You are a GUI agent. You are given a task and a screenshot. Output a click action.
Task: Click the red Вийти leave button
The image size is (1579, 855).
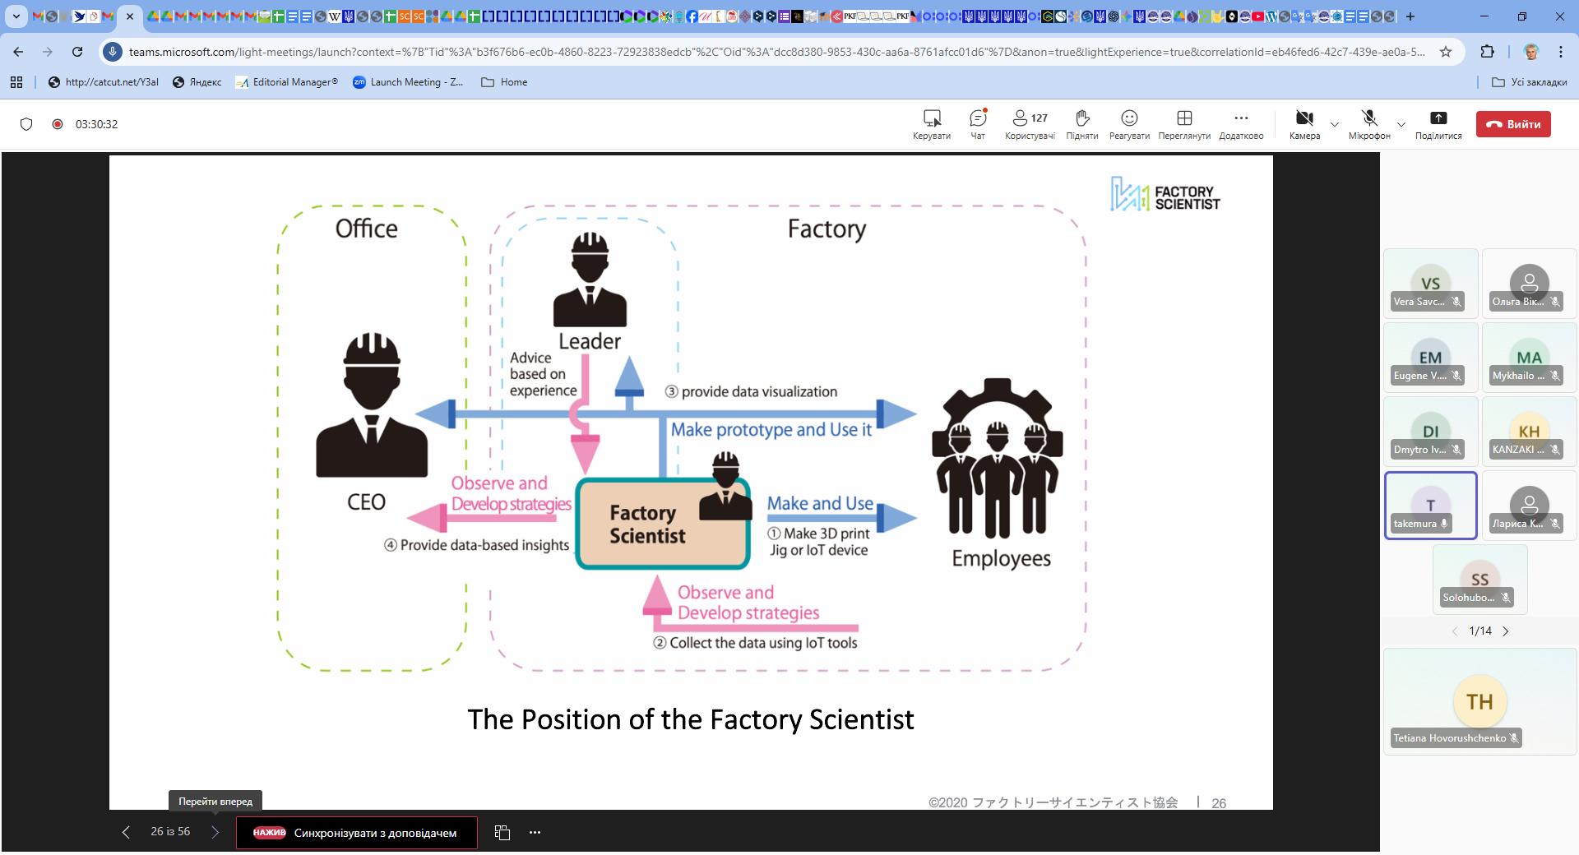tap(1513, 124)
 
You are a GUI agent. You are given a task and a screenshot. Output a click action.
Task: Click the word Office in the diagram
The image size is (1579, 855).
tap(366, 229)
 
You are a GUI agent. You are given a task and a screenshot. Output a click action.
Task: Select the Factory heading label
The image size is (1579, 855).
tap(827, 229)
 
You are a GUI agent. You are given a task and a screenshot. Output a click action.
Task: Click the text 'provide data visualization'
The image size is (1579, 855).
tap(758, 392)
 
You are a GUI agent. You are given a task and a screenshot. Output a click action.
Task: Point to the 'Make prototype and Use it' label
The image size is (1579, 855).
tap(771, 430)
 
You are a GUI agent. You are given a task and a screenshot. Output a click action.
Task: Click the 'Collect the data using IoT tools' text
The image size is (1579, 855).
tap(762, 643)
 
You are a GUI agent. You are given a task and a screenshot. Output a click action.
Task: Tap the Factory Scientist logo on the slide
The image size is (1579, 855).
tap(1165, 195)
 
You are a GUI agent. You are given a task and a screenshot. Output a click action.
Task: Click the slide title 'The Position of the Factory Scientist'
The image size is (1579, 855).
tap(690, 719)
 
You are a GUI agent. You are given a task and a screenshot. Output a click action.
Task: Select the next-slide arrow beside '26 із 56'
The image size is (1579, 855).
tap(215, 832)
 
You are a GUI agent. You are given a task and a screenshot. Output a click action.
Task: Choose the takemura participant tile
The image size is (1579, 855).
tap(1430, 506)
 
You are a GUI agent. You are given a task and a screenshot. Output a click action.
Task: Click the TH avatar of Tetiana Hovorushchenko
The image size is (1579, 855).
tap(1479, 701)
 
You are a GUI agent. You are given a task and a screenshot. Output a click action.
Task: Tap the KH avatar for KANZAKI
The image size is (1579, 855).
tap(1529, 431)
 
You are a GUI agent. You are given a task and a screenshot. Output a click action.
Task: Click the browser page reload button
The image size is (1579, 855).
tap(77, 52)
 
